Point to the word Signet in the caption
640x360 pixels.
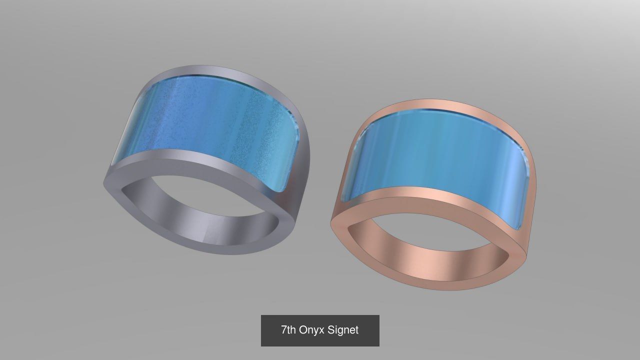pyautogui.click(x=343, y=330)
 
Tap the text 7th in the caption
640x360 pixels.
pyautogui.click(x=288, y=330)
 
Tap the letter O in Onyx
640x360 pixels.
pyautogui.click(x=303, y=330)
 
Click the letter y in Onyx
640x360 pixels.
pyautogui.click(x=316, y=331)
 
